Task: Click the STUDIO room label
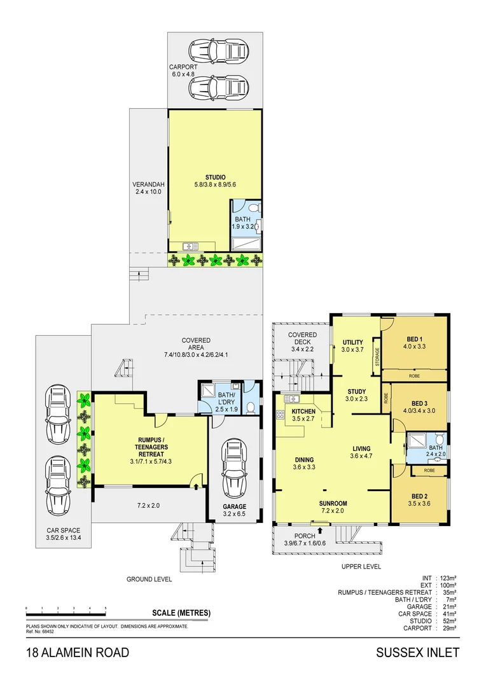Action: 215,177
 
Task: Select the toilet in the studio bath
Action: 252,208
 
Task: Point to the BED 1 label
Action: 417,338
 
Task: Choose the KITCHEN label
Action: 303,412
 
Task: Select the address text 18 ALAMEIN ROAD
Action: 78,653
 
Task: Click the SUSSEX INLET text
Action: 417,653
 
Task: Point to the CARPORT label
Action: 184,66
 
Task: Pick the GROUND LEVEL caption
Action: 148,579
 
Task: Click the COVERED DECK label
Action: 302,335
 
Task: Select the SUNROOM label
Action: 334,503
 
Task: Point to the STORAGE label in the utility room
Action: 377,359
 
